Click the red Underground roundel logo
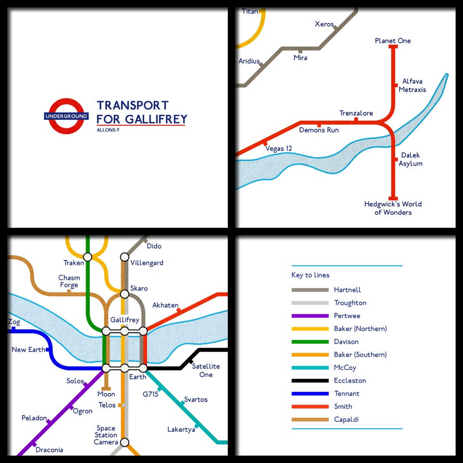(x=66, y=116)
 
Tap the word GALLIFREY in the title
(x=156, y=119)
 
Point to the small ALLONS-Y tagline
(x=108, y=130)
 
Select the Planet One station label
(x=393, y=41)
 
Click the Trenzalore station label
(x=356, y=113)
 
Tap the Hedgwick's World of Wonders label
(x=393, y=208)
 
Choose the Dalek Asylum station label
(x=411, y=159)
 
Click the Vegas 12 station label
(x=279, y=149)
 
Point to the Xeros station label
(x=324, y=24)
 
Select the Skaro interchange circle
(x=124, y=294)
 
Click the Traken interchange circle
(x=87, y=257)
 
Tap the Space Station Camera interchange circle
(x=125, y=442)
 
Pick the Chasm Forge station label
(x=69, y=281)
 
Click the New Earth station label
(x=28, y=350)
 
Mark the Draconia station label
(x=49, y=450)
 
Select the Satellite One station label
(x=206, y=370)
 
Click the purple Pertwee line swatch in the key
(x=310, y=316)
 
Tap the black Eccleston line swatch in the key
(x=310, y=381)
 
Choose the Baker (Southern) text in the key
(x=360, y=355)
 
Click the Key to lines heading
(x=310, y=275)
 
